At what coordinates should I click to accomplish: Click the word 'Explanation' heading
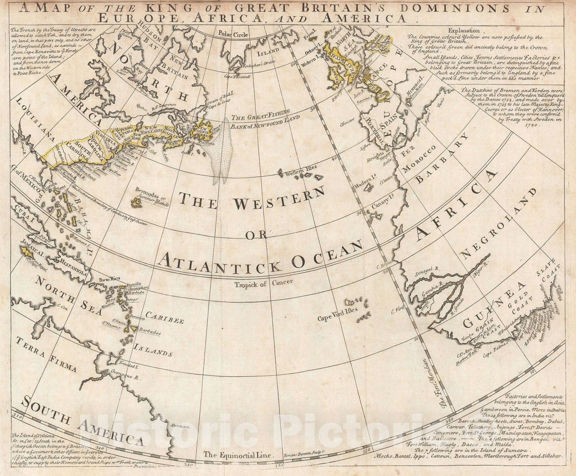(x=465, y=31)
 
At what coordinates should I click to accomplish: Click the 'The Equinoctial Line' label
(x=238, y=455)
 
